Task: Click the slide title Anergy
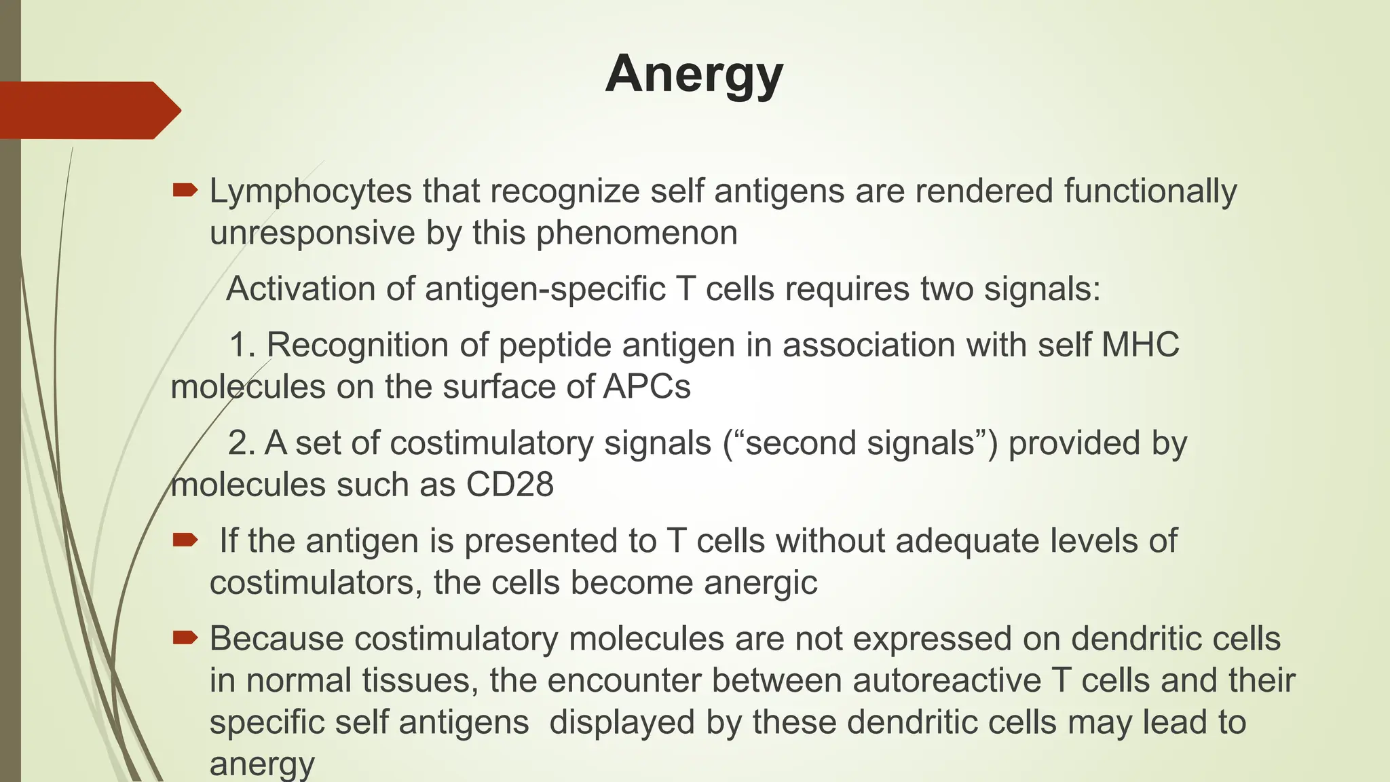[x=694, y=75]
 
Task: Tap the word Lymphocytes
[x=310, y=191]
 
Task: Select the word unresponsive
[x=312, y=233]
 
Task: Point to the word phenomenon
[x=637, y=233]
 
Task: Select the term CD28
[x=510, y=485]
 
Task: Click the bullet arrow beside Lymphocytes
[x=185, y=190]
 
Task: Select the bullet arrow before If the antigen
[x=185, y=540]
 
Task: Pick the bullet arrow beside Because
[x=185, y=637]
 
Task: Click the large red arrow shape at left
[x=88, y=110]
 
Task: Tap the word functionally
[x=1150, y=191]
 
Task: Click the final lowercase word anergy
[x=262, y=764]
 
